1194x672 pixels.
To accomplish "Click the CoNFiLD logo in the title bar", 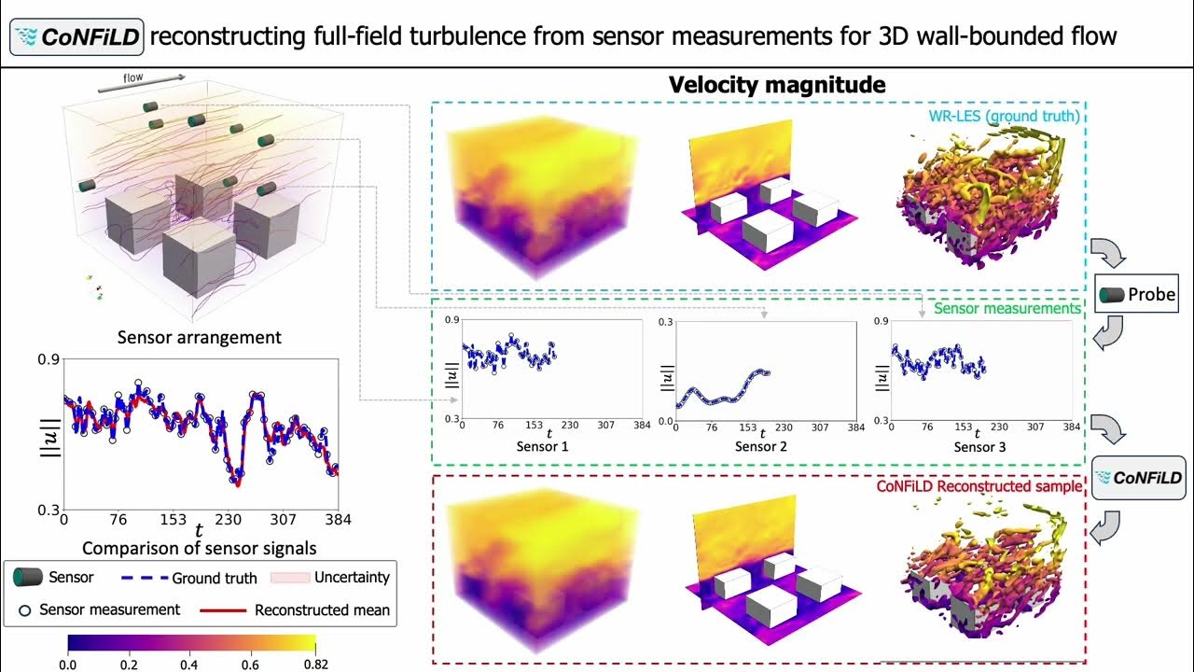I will pyautogui.click(x=76, y=37).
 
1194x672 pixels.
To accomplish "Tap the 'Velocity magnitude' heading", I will pyautogui.click(x=777, y=85).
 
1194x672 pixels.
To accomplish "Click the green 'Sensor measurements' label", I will pyautogui.click(x=1007, y=308).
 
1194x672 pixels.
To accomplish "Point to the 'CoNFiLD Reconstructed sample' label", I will pyautogui.click(x=979, y=486).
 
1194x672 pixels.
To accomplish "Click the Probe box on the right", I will pyautogui.click(x=1136, y=295).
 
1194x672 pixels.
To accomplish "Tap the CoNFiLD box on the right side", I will pyautogui.click(x=1137, y=479).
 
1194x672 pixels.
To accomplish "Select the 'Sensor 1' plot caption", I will pyautogui.click(x=542, y=447).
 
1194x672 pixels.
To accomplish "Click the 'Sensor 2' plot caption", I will pyautogui.click(x=761, y=447).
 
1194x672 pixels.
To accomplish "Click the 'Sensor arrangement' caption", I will pyautogui.click(x=199, y=337).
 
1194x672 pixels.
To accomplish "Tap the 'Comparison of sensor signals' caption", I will pyautogui.click(x=199, y=548).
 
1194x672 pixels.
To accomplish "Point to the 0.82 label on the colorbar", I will pyautogui.click(x=315, y=664).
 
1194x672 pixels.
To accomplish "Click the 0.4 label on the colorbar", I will pyautogui.click(x=191, y=664).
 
